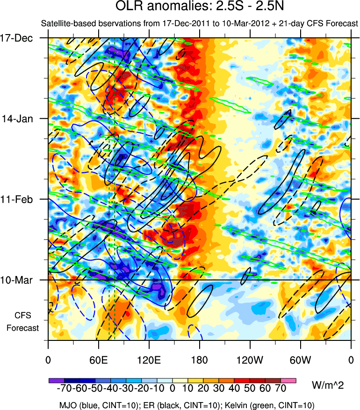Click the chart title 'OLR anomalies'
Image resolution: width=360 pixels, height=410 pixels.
pos(151,7)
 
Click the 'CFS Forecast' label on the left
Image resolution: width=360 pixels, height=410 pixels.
pos(22,321)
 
